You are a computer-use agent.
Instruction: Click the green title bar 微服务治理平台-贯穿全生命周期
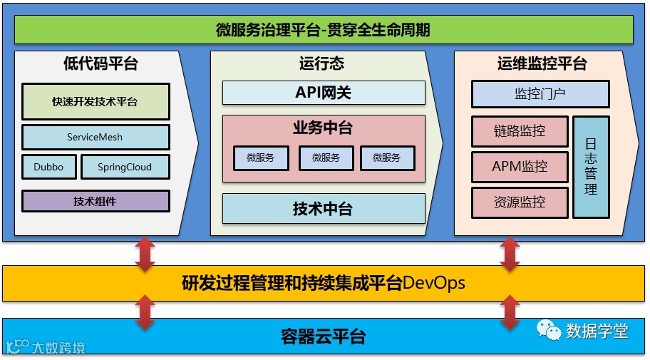pos(324,30)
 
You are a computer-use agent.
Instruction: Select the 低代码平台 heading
pos(100,63)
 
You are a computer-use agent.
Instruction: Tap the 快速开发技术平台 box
pos(96,102)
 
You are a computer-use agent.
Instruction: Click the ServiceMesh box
pos(96,137)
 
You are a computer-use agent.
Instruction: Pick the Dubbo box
pos(48,167)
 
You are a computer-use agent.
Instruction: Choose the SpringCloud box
pos(125,167)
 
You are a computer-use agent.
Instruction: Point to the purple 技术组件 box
pos(96,201)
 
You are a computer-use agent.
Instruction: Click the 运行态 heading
pos(321,63)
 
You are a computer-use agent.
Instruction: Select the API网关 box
pos(324,93)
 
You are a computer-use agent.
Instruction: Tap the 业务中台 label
pos(323,128)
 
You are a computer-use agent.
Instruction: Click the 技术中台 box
pos(324,209)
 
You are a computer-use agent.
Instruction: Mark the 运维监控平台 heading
pos(542,63)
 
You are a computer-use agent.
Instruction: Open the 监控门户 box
pos(540,94)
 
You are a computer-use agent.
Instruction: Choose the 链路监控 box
pos(520,131)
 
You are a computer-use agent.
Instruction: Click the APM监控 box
pos(520,167)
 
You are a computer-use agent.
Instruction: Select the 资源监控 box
pos(520,202)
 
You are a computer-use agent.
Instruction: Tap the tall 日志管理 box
pos(591,167)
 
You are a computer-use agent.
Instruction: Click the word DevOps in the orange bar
pos(434,284)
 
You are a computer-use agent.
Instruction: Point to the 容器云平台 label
pos(324,336)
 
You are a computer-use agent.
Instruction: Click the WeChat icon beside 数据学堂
pos(549,331)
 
